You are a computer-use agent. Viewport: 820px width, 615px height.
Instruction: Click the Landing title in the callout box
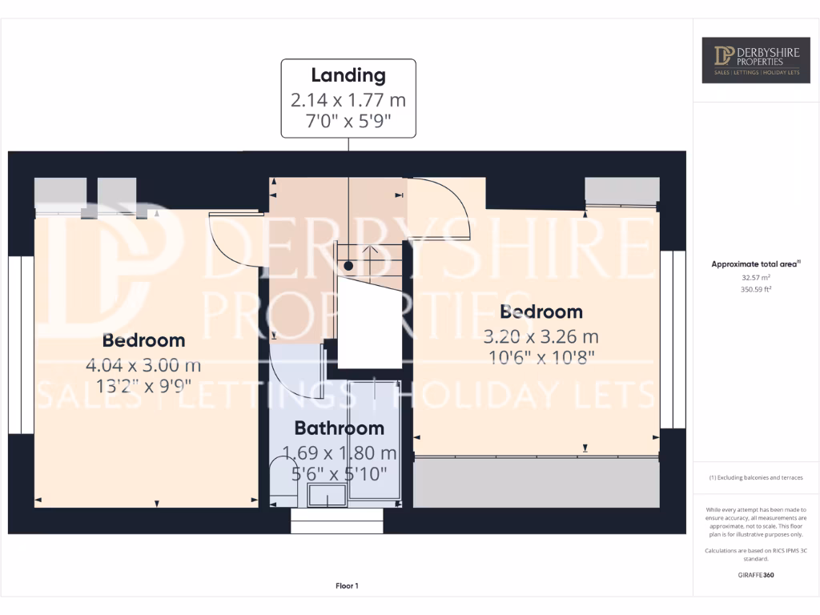[x=348, y=76]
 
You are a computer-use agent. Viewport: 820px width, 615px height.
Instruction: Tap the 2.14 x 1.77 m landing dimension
[x=348, y=100]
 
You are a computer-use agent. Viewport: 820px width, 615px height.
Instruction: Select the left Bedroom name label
[x=143, y=340]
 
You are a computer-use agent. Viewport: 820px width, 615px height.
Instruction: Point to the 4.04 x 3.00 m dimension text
[x=143, y=366]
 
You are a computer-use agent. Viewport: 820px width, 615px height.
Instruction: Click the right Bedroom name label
[x=541, y=312]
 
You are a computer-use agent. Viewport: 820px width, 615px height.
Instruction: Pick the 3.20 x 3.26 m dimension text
[x=541, y=336]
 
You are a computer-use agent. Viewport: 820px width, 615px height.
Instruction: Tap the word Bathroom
[x=339, y=428]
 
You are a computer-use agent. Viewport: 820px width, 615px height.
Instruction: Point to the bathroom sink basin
[x=328, y=495]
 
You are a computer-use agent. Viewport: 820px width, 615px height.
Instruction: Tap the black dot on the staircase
[x=348, y=265]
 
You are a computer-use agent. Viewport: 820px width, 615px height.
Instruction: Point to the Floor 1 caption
[x=347, y=586]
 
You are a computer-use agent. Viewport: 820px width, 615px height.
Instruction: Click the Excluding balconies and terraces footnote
[x=756, y=478]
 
